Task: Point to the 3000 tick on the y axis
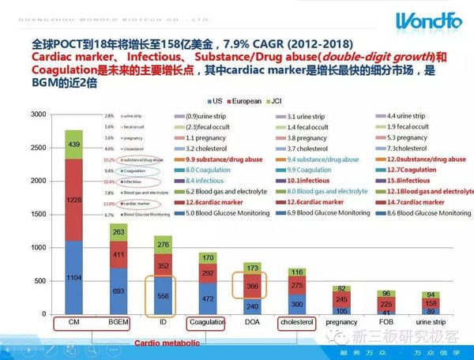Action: point(38,115)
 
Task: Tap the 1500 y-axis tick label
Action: point(38,215)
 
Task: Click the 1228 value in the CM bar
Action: point(73,201)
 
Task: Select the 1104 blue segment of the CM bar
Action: point(73,277)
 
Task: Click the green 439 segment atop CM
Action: point(73,144)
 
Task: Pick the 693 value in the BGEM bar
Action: point(118,291)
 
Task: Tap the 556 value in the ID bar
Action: point(164,295)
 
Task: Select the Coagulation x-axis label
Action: point(208,323)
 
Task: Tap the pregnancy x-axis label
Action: point(342,323)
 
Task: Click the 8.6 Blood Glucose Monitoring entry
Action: point(423,214)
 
